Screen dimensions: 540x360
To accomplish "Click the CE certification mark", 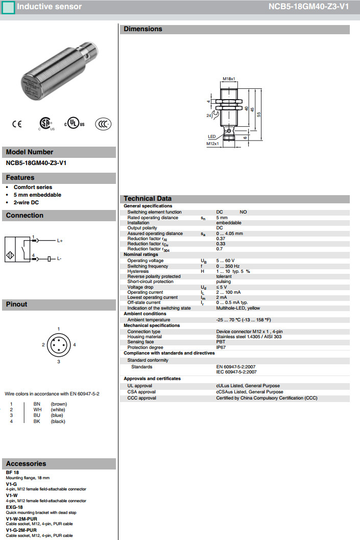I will pos(17,124).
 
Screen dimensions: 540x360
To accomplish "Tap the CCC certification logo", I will pos(103,124).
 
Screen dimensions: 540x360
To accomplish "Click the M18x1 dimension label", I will pos(229,79).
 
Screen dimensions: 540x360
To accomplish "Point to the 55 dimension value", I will pos(259,115).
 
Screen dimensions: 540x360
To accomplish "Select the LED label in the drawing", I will pos(212,136).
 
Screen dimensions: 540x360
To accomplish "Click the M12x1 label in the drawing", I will pos(212,144).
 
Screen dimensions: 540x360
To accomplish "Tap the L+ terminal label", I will pos(60,240).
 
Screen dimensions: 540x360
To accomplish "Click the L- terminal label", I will pos(59,259).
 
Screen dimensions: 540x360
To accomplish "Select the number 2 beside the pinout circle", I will pos(43,345).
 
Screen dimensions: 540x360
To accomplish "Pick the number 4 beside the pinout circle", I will pos(75,345).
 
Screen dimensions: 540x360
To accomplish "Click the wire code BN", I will pos(37,404).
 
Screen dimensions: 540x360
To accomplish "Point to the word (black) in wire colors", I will pos(58,421).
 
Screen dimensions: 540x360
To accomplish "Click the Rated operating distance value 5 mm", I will pos(222,218).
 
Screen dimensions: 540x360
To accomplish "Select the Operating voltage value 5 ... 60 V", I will pos(225,261).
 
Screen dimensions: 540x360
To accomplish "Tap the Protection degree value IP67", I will pos(221,347).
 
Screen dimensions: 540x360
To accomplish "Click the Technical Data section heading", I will pos(148,199).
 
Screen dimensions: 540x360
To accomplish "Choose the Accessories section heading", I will pos(26,463).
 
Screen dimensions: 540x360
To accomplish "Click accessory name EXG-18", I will pos(14,507).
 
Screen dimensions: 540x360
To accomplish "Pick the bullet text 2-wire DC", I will pos(27,202).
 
